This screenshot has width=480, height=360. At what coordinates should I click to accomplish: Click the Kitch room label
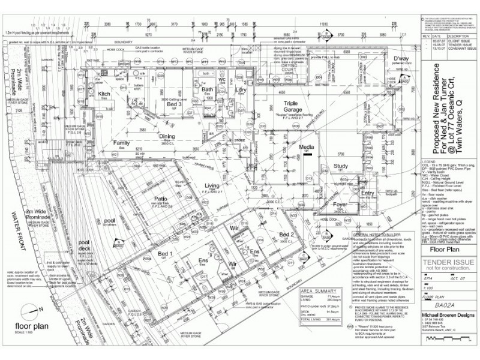tap(104, 94)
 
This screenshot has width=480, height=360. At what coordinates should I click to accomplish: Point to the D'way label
tap(401, 58)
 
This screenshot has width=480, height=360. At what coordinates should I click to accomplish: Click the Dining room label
tap(167, 136)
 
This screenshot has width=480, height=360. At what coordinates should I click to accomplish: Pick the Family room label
tap(122, 143)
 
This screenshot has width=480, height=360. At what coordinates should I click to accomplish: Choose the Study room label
tap(341, 166)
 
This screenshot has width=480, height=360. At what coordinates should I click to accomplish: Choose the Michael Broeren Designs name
tap(449, 315)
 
